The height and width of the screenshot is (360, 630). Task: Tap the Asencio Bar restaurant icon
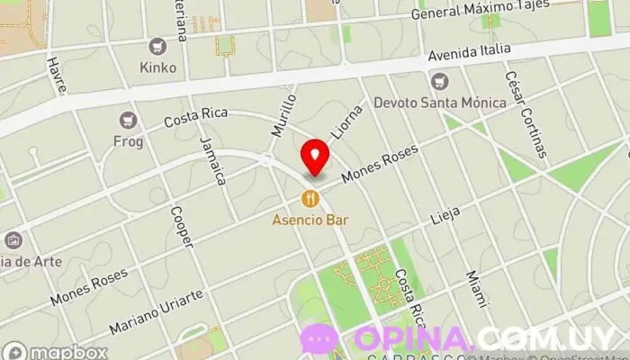point(310,198)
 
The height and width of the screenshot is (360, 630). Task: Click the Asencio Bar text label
point(311,219)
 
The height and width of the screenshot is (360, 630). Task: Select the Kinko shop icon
point(158,46)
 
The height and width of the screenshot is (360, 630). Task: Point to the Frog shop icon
point(128,119)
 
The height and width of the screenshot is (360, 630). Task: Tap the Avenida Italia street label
point(469,53)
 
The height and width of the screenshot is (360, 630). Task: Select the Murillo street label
point(283,113)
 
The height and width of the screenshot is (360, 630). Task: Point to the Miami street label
point(474,288)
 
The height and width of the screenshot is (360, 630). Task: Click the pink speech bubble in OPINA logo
point(319,339)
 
